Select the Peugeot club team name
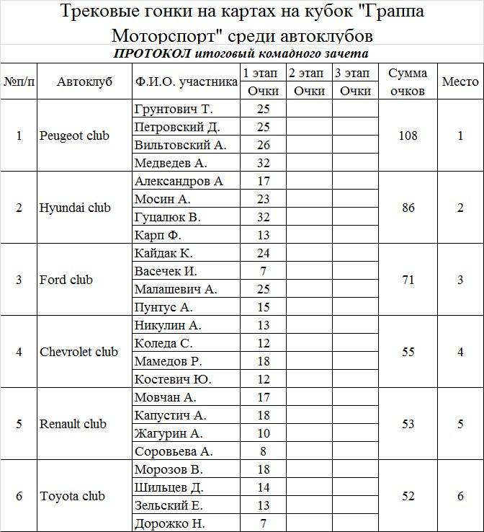75,136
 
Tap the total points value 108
408,136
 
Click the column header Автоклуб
84,82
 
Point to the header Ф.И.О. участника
186,82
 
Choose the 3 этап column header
354,73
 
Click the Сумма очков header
408,82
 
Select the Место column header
460,82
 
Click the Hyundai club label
75,208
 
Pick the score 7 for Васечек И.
263,271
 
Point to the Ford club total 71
408,280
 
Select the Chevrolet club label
79,352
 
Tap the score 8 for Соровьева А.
263,451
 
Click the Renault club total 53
408,424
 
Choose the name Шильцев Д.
169,487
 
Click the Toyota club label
72,496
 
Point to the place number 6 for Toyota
460,496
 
